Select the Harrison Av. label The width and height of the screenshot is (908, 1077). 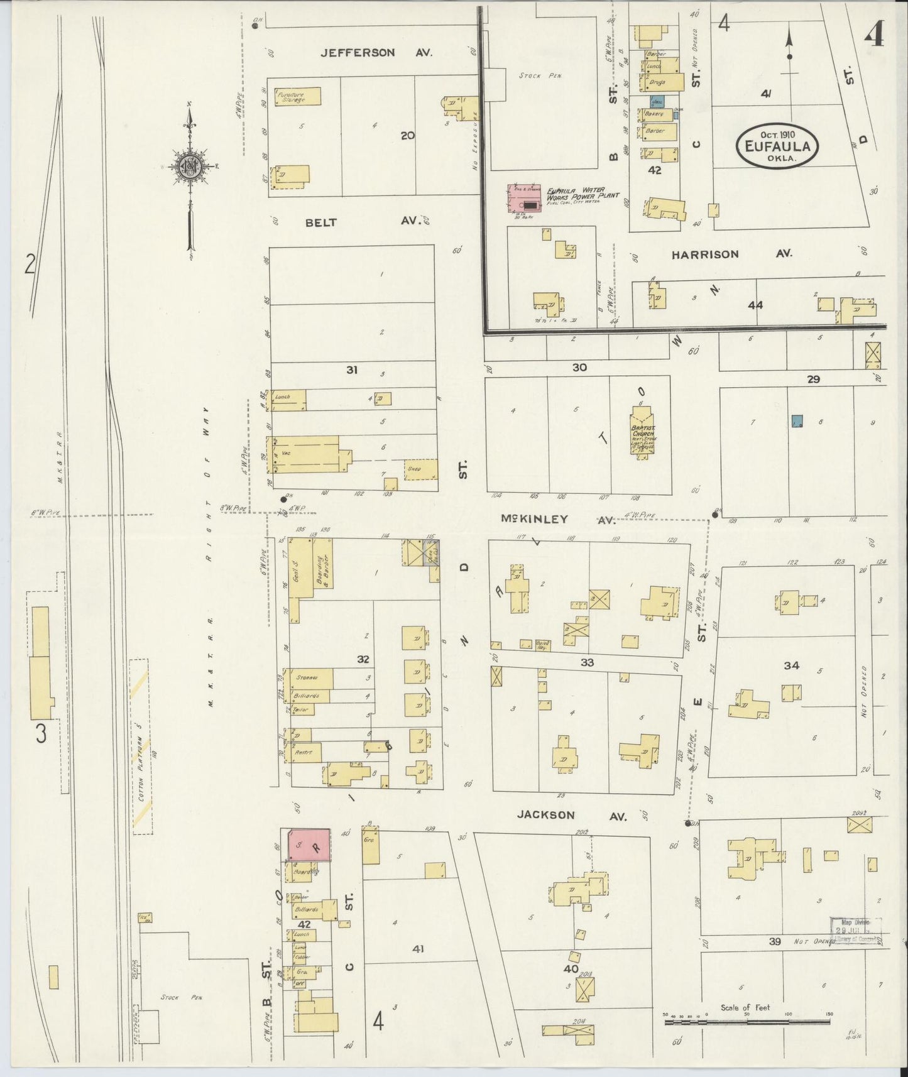coord(731,254)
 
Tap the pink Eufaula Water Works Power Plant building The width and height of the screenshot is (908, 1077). coord(523,199)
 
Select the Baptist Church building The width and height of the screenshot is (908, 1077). coord(642,432)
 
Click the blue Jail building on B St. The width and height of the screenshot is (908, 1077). coord(657,101)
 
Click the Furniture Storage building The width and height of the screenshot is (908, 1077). coord(297,96)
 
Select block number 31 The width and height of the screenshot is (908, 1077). coord(352,370)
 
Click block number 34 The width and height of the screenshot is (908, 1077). coord(791,665)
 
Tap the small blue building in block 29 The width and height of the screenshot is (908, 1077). coord(797,421)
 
